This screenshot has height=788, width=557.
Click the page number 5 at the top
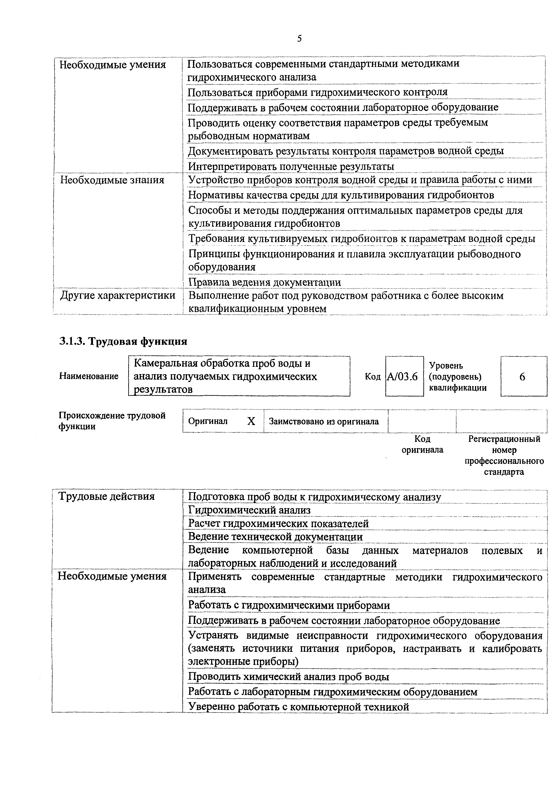[299, 39]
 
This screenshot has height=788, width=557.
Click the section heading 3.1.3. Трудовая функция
[123, 341]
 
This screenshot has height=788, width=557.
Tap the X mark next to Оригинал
[251, 421]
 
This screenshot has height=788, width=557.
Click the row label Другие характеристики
[118, 296]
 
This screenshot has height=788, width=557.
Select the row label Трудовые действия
[106, 496]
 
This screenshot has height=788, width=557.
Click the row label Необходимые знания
[112, 180]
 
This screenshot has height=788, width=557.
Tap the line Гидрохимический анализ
[249, 510]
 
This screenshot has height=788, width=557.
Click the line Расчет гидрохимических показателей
[278, 524]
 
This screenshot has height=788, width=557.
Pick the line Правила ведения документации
[265, 282]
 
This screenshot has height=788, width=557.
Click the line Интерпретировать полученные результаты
[291, 166]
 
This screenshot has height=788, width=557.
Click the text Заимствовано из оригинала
[324, 421]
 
